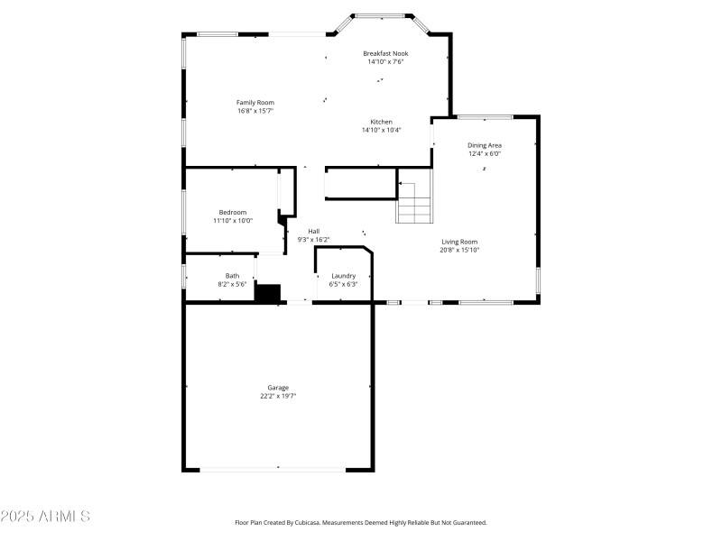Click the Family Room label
[255, 103]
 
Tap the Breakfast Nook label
[385, 53]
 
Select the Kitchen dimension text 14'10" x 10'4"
[381, 130]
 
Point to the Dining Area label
[485, 145]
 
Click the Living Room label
[459, 242]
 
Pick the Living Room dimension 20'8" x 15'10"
[459, 251]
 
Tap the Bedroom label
[233, 212]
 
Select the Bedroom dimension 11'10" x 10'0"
[233, 221]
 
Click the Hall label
[313, 231]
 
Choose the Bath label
[233, 276]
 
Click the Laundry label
[343, 276]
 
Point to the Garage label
[278, 388]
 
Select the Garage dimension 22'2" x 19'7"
[278, 397]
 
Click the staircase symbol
[414, 202]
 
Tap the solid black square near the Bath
[268, 292]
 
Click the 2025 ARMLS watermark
[45, 517]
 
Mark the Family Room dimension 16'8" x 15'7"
[255, 112]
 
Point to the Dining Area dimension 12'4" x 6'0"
[485, 154]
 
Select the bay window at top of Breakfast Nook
[379, 16]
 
